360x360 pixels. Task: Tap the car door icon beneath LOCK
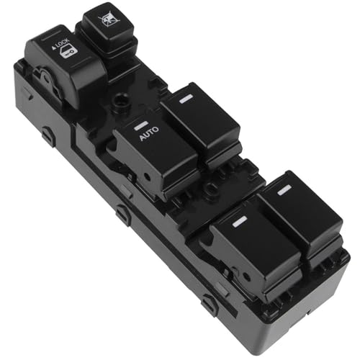(x=68, y=53)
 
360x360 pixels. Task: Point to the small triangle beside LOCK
(x=53, y=48)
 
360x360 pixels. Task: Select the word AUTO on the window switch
(x=149, y=133)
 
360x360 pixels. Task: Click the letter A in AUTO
(x=142, y=138)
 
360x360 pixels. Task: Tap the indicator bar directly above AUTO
(x=140, y=125)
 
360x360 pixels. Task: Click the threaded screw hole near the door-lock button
(x=120, y=99)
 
